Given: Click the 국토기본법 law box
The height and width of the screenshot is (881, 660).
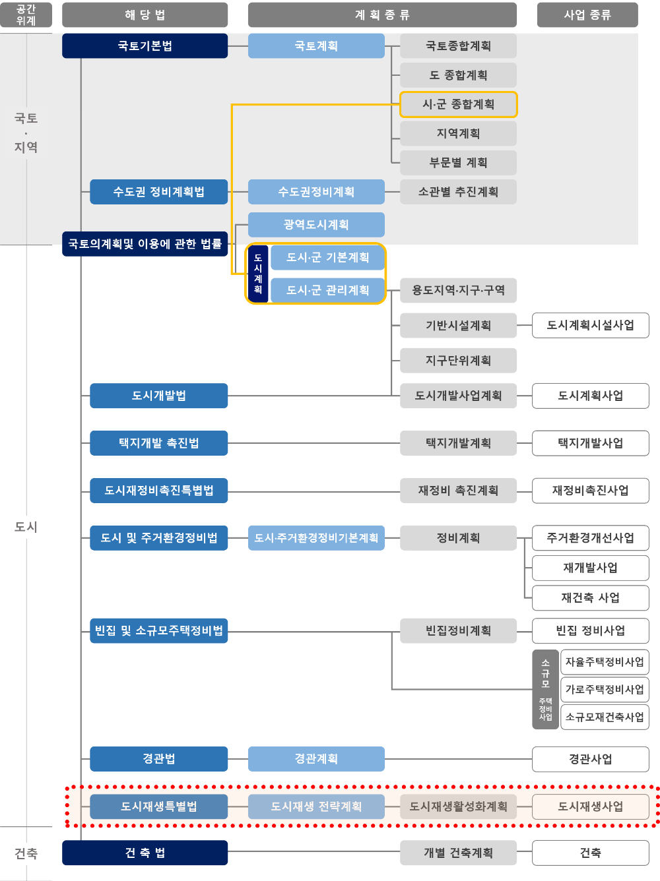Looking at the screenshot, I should pos(145,46).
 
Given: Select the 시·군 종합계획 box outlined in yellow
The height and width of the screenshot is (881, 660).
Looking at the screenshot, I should pos(458,104).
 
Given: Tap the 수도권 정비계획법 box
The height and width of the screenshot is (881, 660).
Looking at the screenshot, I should pos(158,192).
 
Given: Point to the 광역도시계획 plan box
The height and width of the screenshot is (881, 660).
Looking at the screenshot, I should pos(316,225).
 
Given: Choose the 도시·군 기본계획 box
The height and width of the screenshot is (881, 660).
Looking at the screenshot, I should pos(327,258).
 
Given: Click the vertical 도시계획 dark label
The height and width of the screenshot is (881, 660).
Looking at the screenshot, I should pos(258,274).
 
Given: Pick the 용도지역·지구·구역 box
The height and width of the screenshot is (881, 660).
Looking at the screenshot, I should pos(458,290).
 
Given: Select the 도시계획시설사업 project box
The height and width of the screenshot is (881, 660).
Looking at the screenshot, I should pos(590,325).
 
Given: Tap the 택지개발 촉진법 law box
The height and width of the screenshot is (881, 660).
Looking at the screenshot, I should pos(158,443).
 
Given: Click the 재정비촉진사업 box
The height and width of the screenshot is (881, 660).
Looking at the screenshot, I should pos(590,491).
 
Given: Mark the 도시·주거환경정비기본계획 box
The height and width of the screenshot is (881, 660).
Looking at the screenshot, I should pos(316,538).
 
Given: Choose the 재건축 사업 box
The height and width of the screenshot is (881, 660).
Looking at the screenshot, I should pos(590,598).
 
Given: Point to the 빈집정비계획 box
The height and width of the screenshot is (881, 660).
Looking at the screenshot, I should pos(458,630).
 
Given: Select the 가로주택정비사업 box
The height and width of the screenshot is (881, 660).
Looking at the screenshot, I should pos(604,690).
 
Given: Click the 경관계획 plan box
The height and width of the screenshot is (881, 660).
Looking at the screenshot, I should pos(316,759).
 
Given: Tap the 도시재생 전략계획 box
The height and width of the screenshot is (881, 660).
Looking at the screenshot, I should pos(316,806).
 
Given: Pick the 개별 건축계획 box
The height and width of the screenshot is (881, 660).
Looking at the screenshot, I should pos(458,853).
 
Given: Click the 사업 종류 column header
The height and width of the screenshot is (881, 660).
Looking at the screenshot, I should pos(587,15).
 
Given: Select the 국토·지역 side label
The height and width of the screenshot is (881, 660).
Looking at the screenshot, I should pos(26,133).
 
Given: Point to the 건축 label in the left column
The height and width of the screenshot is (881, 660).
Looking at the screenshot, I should pos(26,854).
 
